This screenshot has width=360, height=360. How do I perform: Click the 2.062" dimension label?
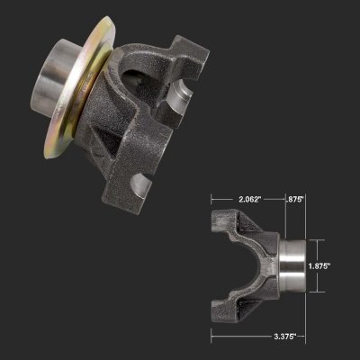(248, 199)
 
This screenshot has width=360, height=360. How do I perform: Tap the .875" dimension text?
(294, 199)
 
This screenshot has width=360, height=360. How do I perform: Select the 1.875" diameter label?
(319, 265)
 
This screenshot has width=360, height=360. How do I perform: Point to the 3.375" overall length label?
(285, 336)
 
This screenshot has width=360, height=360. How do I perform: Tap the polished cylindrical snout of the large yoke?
(51, 75)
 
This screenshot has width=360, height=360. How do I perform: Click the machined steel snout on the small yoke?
(293, 265)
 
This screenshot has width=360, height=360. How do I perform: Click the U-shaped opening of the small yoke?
(250, 265)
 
